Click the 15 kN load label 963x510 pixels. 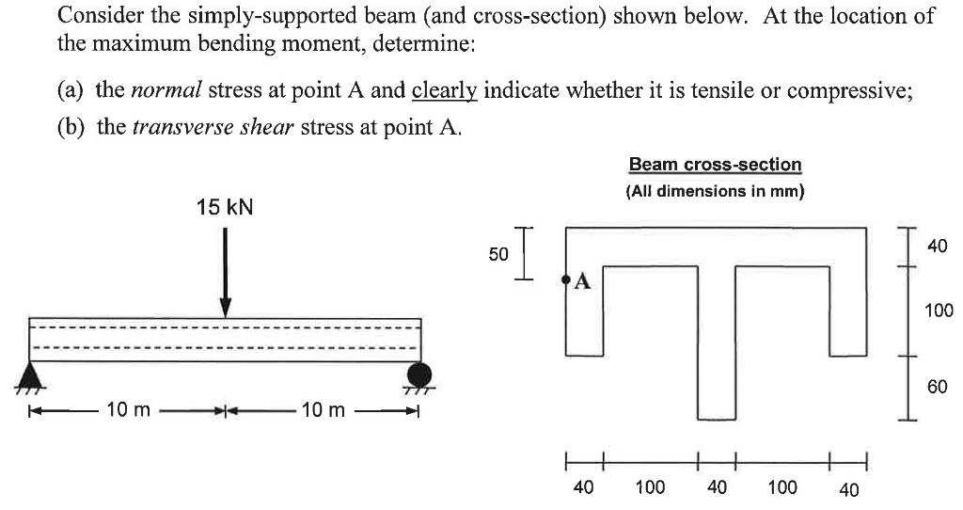[x=225, y=207]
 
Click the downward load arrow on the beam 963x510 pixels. [x=225, y=273]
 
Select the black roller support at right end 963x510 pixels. [x=418, y=375]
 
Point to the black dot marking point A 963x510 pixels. [x=565, y=280]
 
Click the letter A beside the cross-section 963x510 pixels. [x=582, y=280]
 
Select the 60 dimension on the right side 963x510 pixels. [x=938, y=386]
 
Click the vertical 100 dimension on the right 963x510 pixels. [x=939, y=310]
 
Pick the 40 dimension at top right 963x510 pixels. [x=937, y=247]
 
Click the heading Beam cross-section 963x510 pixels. [x=715, y=165]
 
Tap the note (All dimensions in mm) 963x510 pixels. [x=715, y=191]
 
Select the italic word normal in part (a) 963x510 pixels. [x=166, y=90]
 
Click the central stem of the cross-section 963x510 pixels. [x=717, y=358]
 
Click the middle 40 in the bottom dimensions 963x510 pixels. [x=717, y=486]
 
